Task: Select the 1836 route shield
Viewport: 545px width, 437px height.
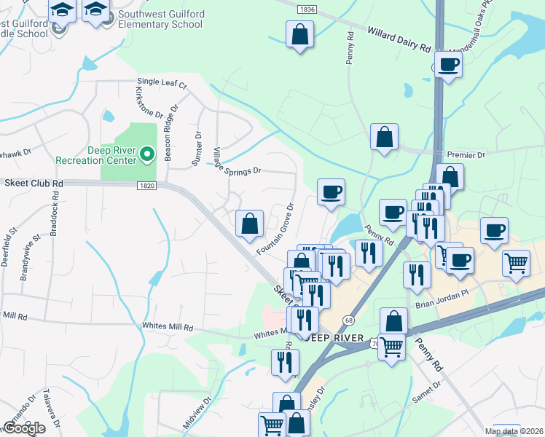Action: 307,9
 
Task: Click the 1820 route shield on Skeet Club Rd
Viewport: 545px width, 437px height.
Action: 146,186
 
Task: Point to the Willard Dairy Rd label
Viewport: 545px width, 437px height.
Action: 399,39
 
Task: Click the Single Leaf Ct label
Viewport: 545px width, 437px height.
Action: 162,84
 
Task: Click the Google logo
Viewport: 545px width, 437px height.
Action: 24,428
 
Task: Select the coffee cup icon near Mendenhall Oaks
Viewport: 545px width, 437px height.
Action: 447,65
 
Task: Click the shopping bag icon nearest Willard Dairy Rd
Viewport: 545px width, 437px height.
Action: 299,34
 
